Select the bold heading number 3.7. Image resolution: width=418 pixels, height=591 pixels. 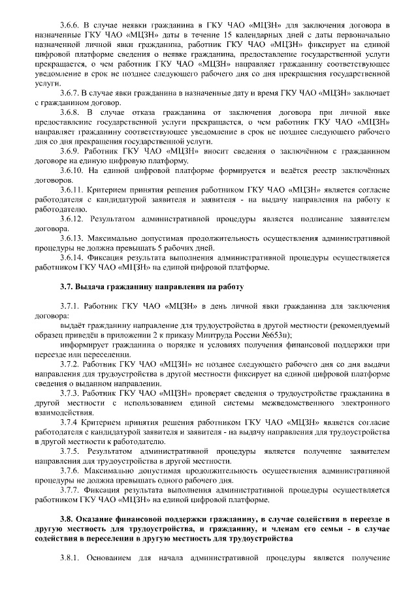(65, 287)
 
